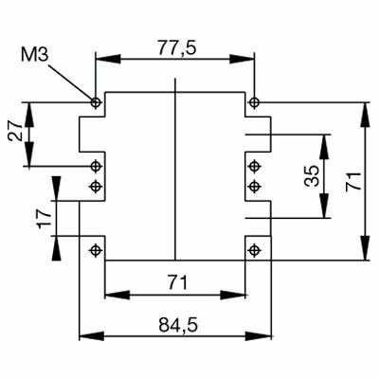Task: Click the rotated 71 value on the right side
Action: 352,183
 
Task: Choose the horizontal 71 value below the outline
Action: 176,282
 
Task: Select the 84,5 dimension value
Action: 176,325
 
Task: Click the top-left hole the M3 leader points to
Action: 95,101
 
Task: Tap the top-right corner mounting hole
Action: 254,101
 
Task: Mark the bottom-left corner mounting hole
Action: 95,250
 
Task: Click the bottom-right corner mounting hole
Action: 254,250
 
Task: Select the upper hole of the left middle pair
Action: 95,167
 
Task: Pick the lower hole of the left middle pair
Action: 95,187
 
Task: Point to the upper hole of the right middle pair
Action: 254,167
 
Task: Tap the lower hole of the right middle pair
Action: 254,187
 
